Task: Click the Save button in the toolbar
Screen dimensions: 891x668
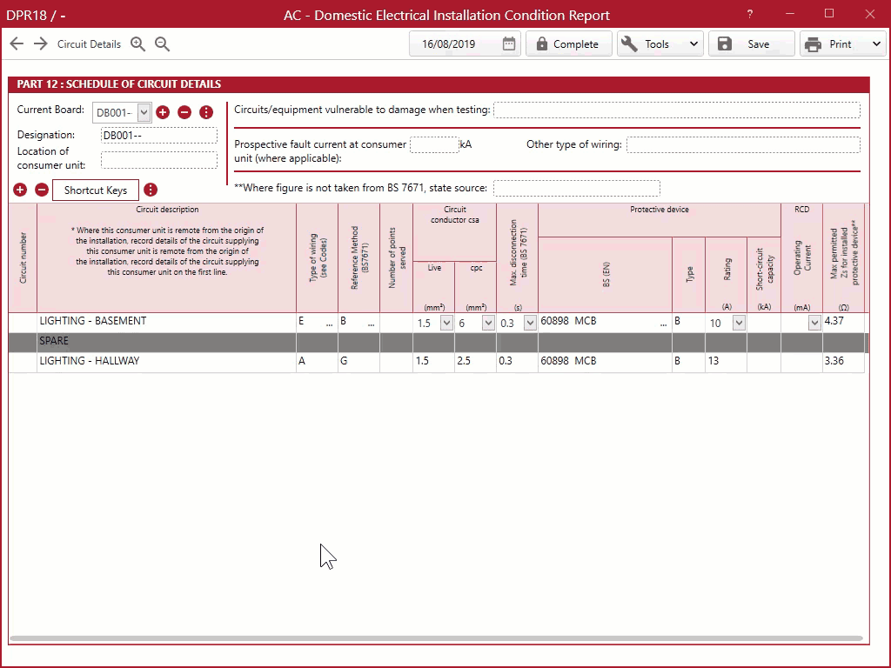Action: tap(751, 44)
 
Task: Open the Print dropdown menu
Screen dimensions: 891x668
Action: tap(876, 44)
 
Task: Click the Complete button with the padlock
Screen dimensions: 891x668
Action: tap(568, 44)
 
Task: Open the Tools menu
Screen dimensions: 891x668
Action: tap(660, 44)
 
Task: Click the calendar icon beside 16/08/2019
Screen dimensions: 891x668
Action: tap(508, 43)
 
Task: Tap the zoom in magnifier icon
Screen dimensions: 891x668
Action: tap(137, 43)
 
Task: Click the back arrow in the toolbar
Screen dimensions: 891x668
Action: tap(17, 43)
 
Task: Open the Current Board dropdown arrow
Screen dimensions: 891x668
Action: tap(144, 112)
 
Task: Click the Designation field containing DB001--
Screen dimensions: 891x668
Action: tap(159, 135)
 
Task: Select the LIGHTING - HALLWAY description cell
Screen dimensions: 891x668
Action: tap(166, 361)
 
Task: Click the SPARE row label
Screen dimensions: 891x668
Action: tap(54, 341)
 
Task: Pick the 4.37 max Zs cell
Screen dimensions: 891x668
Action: tap(843, 322)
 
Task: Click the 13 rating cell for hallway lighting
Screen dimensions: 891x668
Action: tap(726, 361)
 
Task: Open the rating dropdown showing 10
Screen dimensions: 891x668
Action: tap(738, 323)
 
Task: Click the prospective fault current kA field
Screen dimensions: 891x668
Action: tap(434, 145)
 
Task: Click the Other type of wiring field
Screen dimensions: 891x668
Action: tap(743, 145)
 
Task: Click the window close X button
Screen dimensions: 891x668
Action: tap(870, 14)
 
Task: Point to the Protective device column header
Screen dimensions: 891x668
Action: tap(660, 210)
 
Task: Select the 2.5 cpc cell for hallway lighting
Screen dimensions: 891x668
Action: tap(475, 361)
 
